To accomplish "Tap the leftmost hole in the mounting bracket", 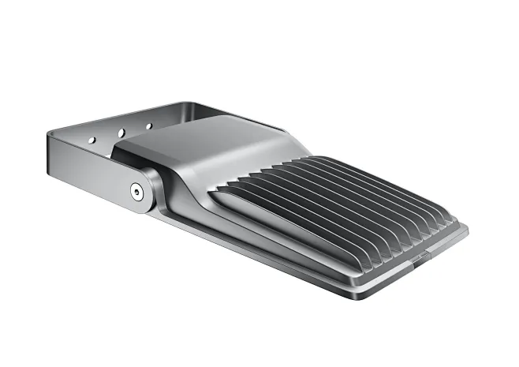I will tap(91, 140).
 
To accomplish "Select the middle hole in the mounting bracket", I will tap(121, 132).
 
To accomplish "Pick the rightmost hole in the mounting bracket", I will tap(148, 125).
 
